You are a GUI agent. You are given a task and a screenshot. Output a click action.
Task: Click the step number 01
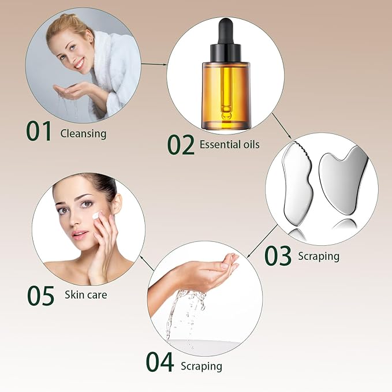coord(39,130)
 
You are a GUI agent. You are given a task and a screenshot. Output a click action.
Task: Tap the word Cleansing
coord(83,134)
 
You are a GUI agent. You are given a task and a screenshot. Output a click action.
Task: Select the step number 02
coord(181,144)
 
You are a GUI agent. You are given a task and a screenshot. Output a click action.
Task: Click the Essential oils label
coord(229,145)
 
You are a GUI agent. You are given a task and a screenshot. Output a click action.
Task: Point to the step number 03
coord(278,256)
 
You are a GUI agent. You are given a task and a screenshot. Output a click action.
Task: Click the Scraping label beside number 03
coord(319,255)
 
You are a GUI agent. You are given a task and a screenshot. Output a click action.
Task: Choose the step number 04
coord(159,362)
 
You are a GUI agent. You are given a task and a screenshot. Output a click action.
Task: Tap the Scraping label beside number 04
coord(201,366)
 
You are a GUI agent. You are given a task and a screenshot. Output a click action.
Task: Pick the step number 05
coord(40,295)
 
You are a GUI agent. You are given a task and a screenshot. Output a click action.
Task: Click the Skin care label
coord(85,295)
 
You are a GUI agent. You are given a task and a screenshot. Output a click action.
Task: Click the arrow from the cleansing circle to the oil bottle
coord(152,65)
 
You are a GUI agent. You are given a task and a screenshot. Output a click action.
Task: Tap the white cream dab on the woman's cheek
coord(96,216)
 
